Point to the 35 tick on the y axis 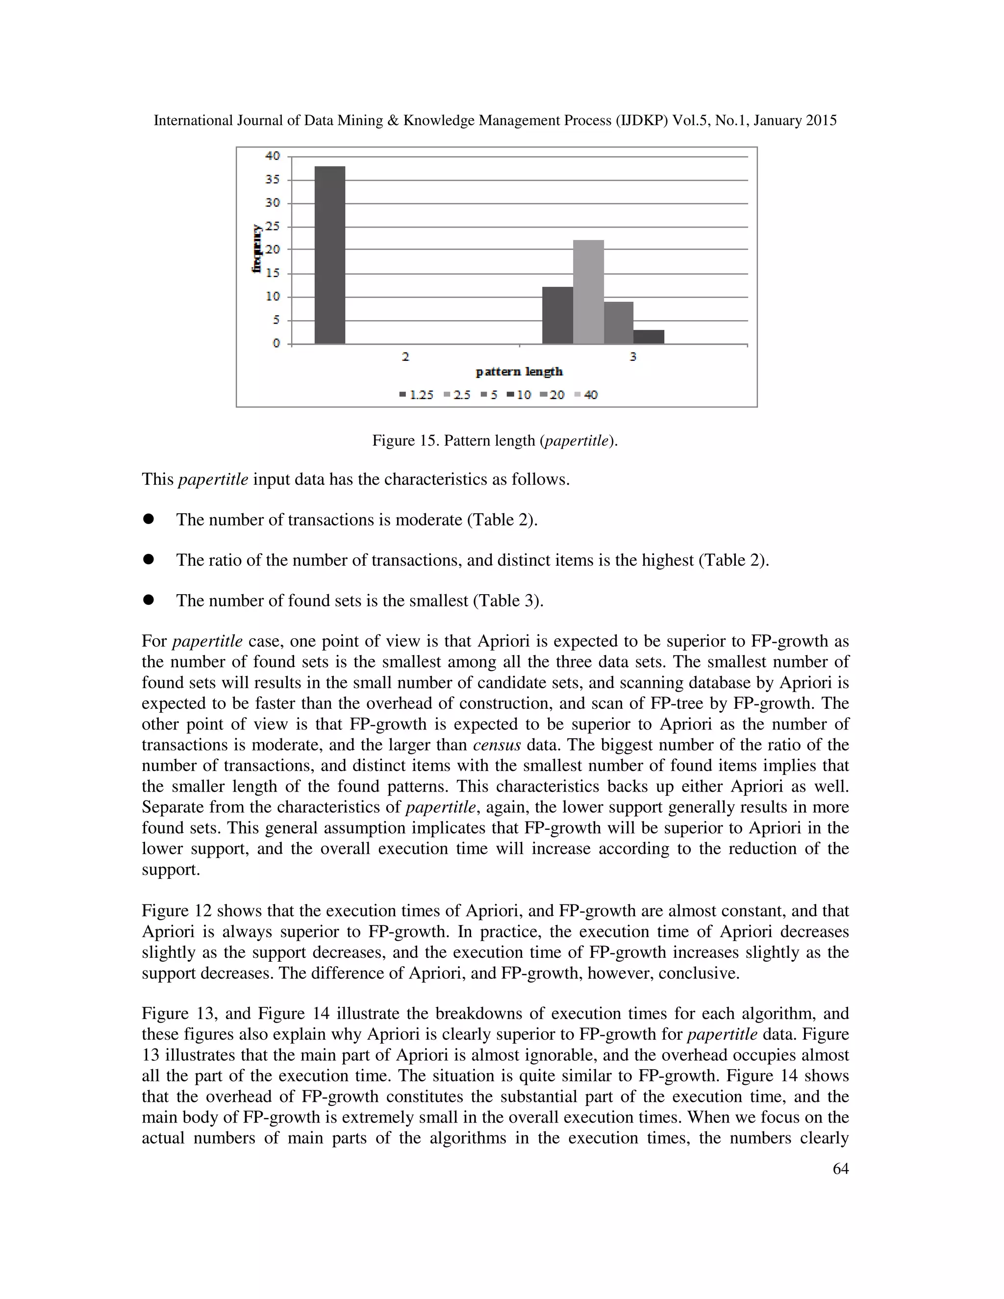(273, 179)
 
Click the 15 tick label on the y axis (273, 273)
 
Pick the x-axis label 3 (633, 357)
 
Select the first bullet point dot (149, 519)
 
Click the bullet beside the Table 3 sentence (149, 600)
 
